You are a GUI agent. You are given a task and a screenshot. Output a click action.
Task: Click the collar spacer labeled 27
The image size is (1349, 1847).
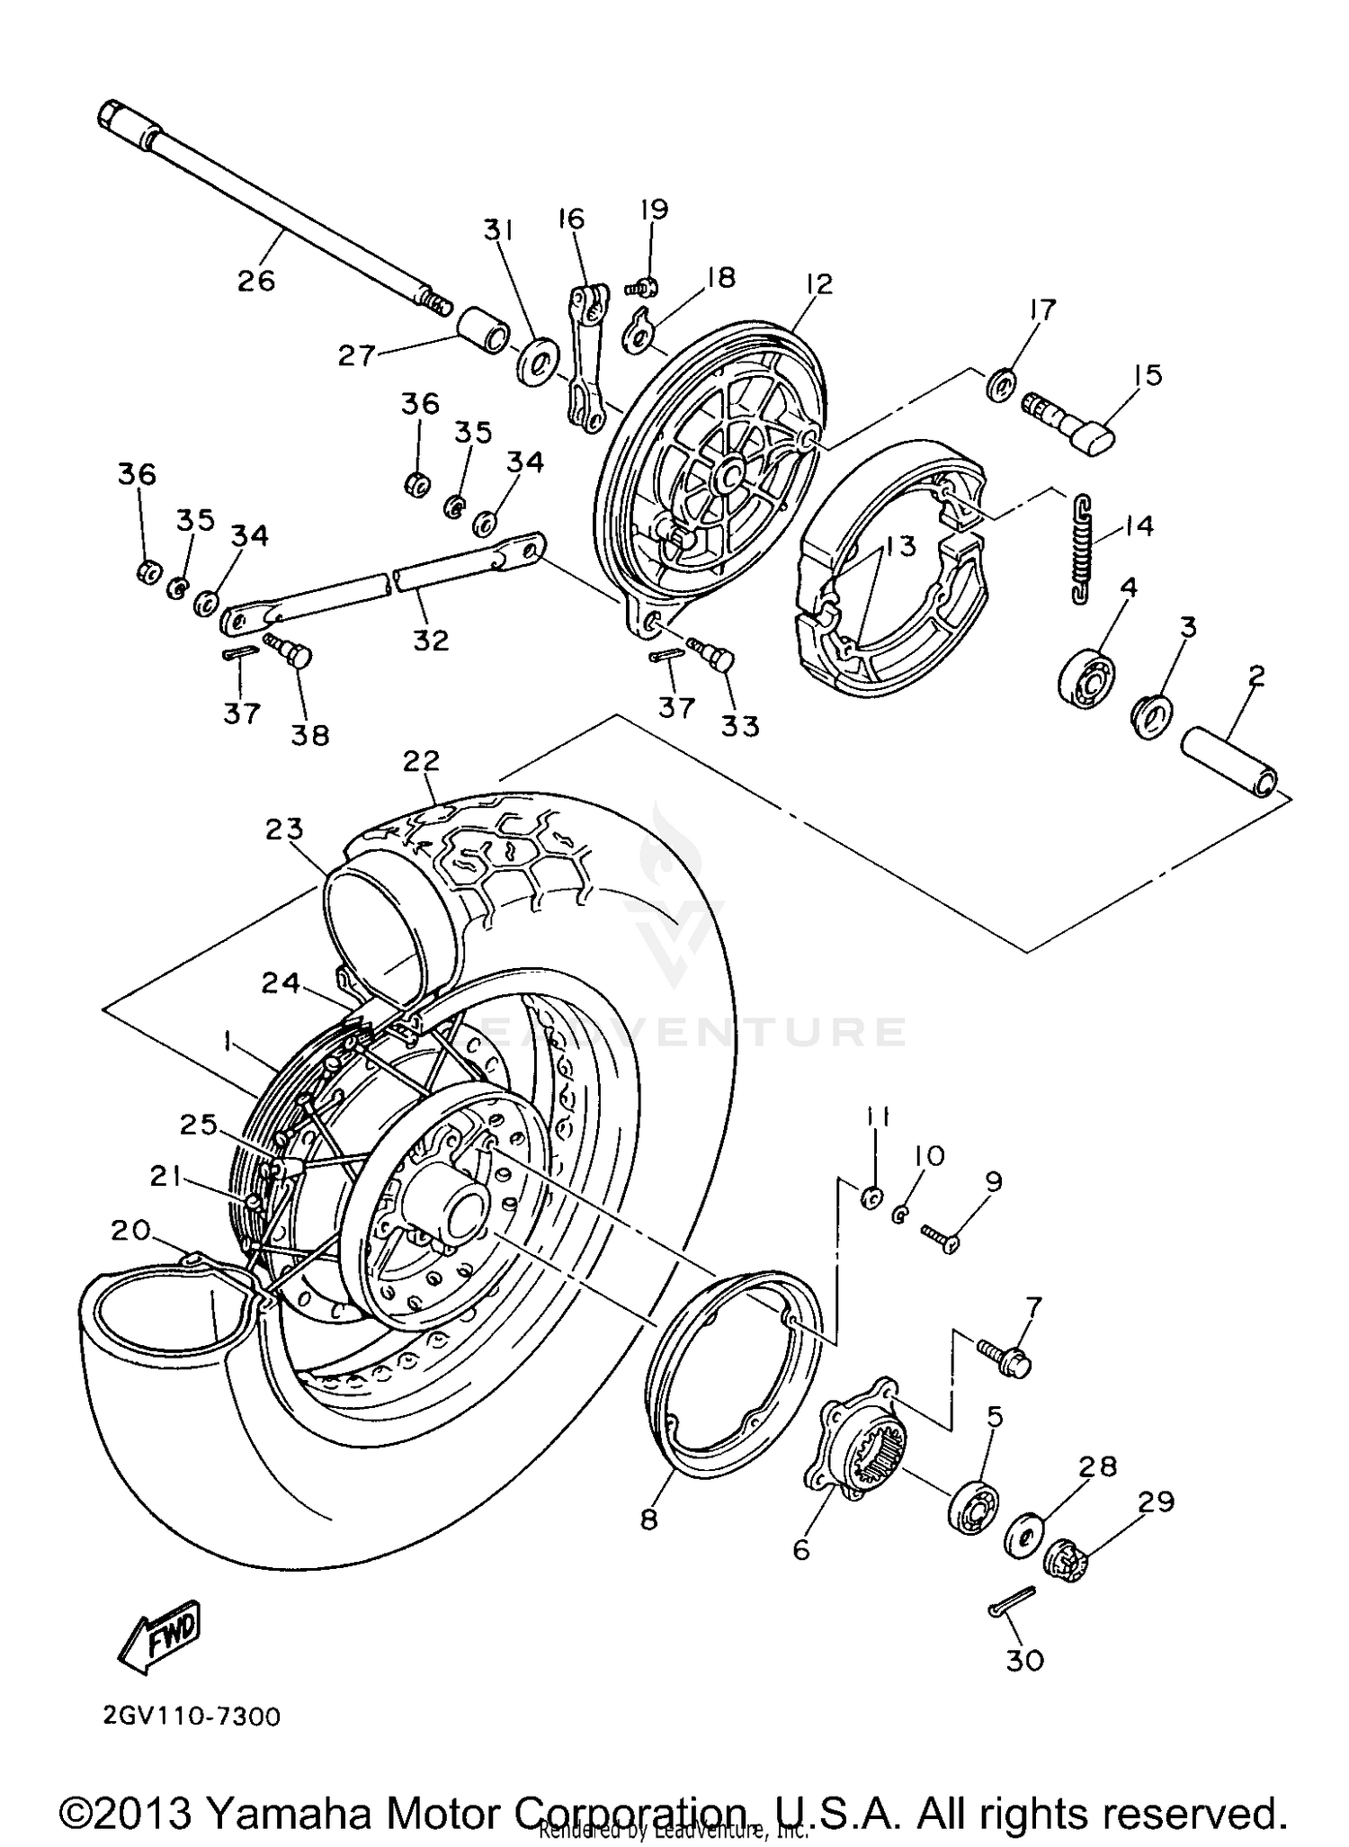pos(483,333)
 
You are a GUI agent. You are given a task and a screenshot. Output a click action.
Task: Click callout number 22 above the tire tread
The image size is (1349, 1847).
pos(421,761)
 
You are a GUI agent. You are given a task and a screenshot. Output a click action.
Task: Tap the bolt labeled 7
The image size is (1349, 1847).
pos(1005,1358)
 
